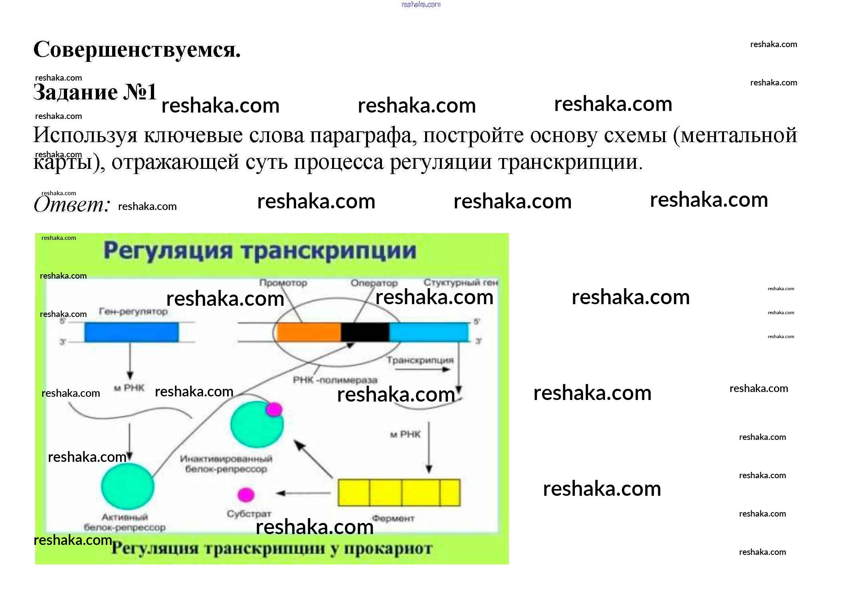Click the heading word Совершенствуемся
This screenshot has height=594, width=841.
click(x=137, y=50)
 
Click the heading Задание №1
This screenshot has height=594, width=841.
click(x=95, y=92)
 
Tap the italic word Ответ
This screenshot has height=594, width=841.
click(x=71, y=204)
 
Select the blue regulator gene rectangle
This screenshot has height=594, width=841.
click(x=131, y=332)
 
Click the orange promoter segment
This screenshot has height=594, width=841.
click(x=309, y=332)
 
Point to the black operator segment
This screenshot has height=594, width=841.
click(x=365, y=332)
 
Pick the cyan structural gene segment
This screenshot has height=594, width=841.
click(x=428, y=332)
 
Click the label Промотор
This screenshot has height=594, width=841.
click(x=283, y=283)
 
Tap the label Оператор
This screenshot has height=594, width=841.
click(x=374, y=283)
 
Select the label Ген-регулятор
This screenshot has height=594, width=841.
click(x=133, y=311)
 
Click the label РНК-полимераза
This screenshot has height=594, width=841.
click(x=335, y=380)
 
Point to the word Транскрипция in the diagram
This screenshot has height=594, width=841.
click(x=420, y=360)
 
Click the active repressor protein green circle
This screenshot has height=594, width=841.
click(x=127, y=486)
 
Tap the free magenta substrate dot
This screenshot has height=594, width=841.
click(x=246, y=495)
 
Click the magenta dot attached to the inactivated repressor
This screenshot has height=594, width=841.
click(x=274, y=409)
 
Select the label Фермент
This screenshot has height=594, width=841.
click(x=393, y=519)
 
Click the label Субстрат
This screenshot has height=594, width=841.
click(x=249, y=514)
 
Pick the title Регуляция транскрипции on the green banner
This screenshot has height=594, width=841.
click(x=260, y=251)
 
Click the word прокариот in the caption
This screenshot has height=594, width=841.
click(x=388, y=548)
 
